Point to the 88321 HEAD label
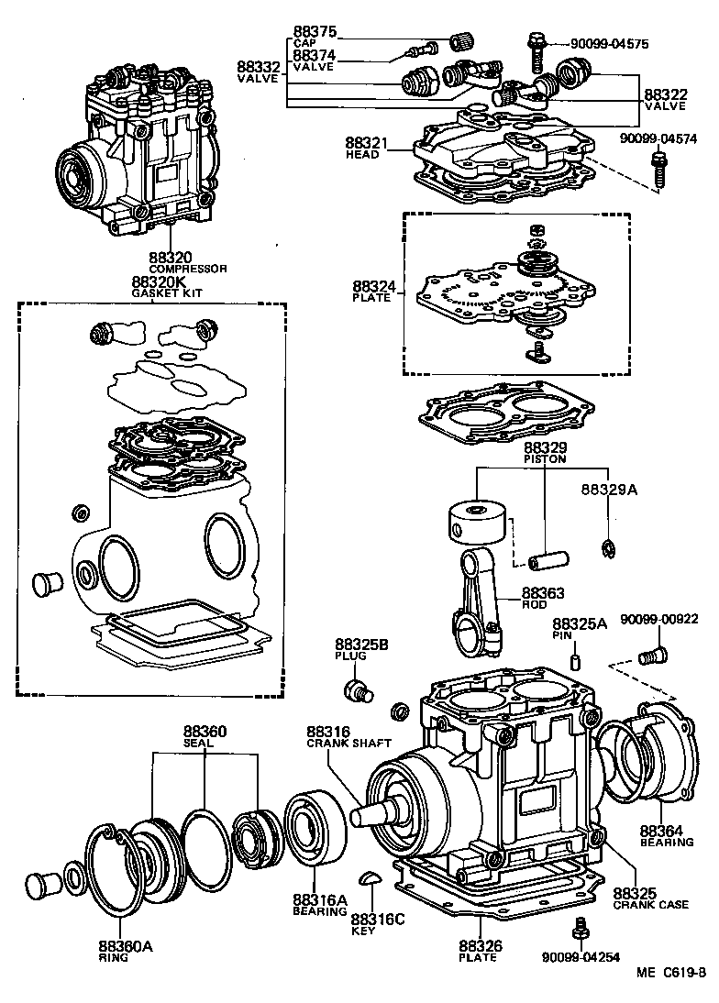pos(367,149)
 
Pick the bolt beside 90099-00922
pos(652,655)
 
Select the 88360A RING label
pos(126,950)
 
